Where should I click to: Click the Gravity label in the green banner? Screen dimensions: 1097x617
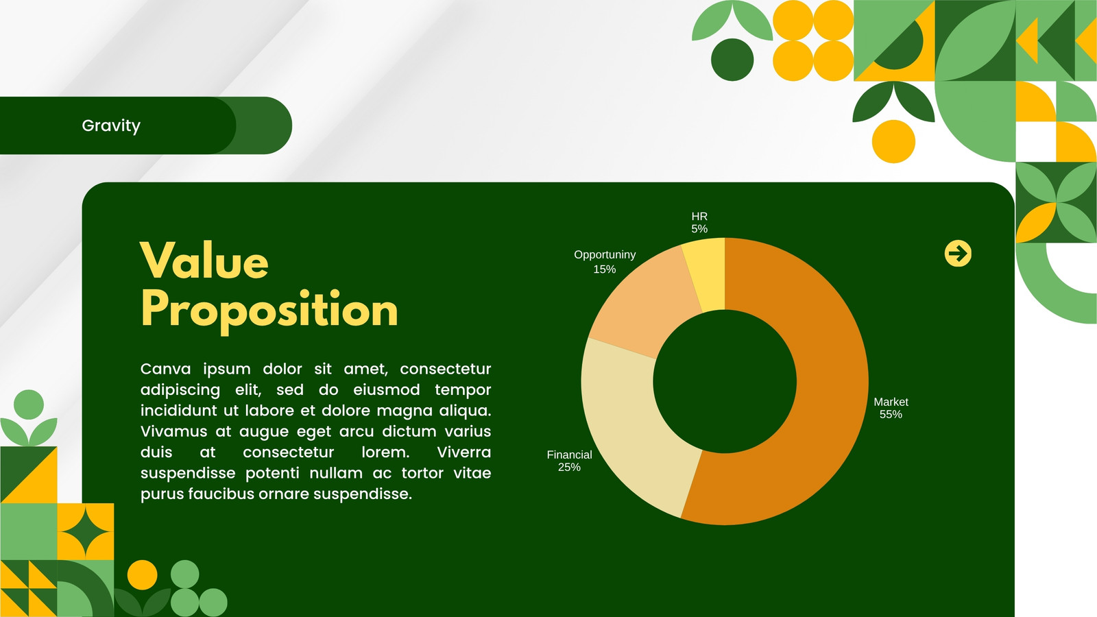click(111, 126)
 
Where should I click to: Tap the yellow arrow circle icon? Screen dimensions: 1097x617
click(958, 254)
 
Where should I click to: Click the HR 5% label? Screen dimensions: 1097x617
click(699, 222)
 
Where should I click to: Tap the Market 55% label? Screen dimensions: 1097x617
click(891, 408)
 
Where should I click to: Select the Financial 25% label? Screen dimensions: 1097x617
click(569, 461)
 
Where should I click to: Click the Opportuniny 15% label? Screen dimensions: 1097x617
click(605, 262)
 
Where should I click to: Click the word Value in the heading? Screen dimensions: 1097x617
click(204, 261)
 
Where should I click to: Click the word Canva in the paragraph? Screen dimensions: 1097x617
click(165, 369)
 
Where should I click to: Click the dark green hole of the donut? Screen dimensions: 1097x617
click(725, 381)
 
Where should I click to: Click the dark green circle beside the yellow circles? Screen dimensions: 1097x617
click(732, 60)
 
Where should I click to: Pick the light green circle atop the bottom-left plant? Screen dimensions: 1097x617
click(28, 405)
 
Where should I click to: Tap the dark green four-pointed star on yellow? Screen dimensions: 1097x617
click(86, 532)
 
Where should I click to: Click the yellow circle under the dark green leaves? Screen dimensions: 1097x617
click(894, 141)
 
